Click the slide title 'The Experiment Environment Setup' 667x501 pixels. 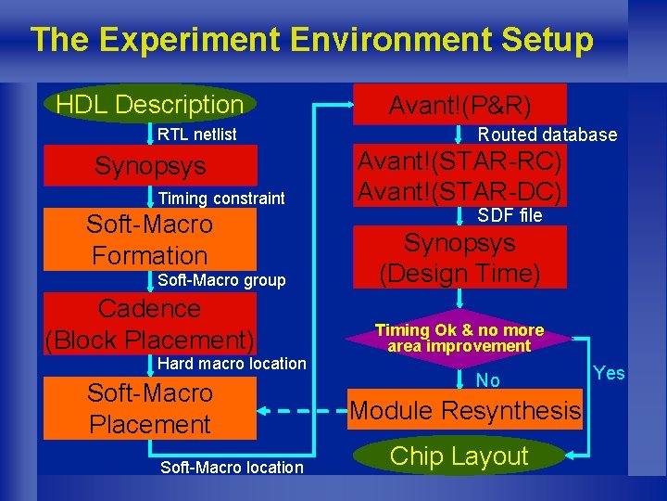pyautogui.click(x=311, y=40)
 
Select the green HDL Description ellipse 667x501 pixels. pyautogui.click(x=149, y=104)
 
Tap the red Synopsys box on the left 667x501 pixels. pyautogui.click(x=150, y=167)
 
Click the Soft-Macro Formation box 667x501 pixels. pyautogui.click(x=150, y=239)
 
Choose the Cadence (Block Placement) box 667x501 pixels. pyautogui.click(x=150, y=324)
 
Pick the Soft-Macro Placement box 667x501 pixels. pyautogui.click(x=150, y=409)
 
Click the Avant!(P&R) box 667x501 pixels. pyautogui.click(x=459, y=104)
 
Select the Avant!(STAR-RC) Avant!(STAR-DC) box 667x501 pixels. pyautogui.click(x=459, y=176)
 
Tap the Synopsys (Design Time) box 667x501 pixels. pyautogui.click(x=459, y=259)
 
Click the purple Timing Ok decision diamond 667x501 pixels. pyautogui.click(x=459, y=338)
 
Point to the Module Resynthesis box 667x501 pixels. pyautogui.click(x=465, y=410)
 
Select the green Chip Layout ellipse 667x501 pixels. pyautogui.click(x=459, y=456)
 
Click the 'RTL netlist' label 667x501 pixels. pyautogui.click(x=196, y=135)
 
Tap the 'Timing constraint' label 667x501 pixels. pyautogui.click(x=221, y=199)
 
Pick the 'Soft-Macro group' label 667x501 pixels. pyautogui.click(x=221, y=280)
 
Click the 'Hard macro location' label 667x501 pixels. pyautogui.click(x=232, y=364)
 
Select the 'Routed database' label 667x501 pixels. pyautogui.click(x=547, y=135)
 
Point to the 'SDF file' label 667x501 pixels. pyautogui.click(x=510, y=216)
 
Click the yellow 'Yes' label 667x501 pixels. pyautogui.click(x=609, y=373)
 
